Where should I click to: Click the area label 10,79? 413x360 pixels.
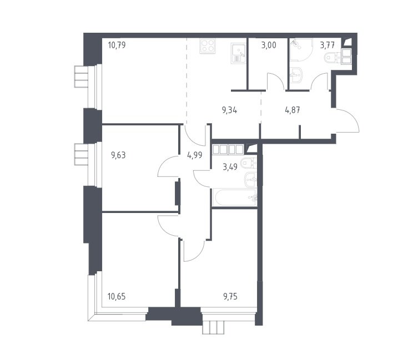pos(117,45)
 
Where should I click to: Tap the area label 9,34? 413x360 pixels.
pos(229,110)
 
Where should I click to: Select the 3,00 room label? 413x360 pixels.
pos(269,45)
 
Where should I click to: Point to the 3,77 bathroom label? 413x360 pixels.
pos(327,45)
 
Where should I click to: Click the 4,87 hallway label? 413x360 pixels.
pos(293,110)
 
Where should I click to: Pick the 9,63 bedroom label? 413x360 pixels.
pos(118,155)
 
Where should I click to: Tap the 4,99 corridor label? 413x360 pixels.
pos(195,155)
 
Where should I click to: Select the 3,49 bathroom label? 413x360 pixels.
pos(230,167)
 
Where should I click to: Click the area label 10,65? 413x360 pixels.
pos(117,297)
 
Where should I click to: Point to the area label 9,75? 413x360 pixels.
pos(230,297)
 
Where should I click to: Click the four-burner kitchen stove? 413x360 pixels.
pos(208,46)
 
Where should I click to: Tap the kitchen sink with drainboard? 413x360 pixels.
pos(238,53)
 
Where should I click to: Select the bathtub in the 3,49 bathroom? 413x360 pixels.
pos(235,197)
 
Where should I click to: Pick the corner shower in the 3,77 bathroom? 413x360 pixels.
pos(301,50)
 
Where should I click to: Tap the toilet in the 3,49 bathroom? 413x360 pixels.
pos(248,163)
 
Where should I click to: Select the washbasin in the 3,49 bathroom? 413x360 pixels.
pos(250,180)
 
